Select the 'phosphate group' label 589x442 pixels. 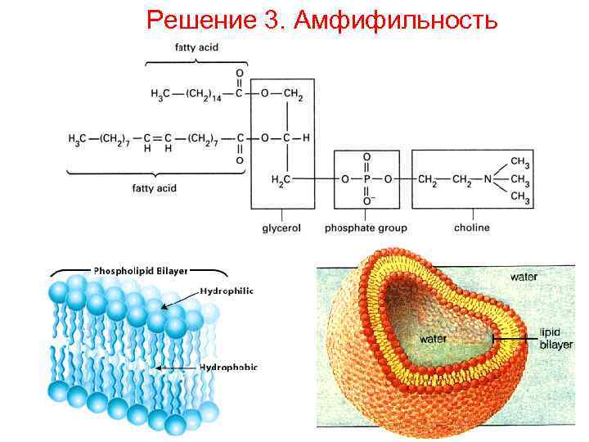click(x=366, y=228)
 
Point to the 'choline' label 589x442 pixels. click(x=471, y=228)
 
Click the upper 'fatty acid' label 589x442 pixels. click(x=197, y=47)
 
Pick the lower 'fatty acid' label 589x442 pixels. click(x=155, y=188)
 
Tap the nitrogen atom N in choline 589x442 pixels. click(x=489, y=178)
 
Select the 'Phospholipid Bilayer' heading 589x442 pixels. click(x=141, y=269)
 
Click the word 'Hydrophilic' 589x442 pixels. click(x=227, y=291)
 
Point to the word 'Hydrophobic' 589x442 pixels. click(x=229, y=368)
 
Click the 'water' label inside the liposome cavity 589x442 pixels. click(x=433, y=338)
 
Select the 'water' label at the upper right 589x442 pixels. click(x=524, y=277)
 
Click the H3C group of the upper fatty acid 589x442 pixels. click(x=160, y=97)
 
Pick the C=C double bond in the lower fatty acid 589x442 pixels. click(x=156, y=138)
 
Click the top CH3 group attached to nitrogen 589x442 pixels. click(x=519, y=160)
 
